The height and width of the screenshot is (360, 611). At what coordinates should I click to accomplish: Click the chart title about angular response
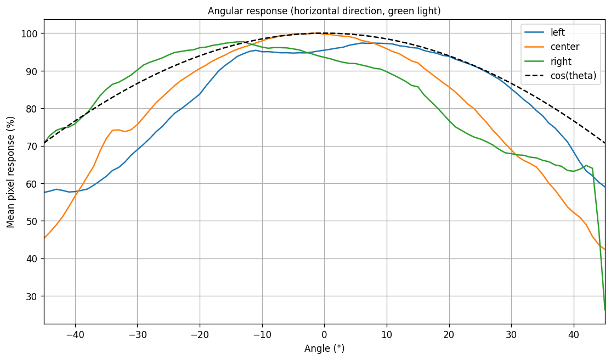pyautogui.click(x=324, y=11)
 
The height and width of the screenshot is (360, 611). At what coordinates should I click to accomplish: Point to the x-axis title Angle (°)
pyautogui.click(x=324, y=348)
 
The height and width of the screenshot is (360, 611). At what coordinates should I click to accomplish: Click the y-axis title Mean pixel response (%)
pyautogui.click(x=11, y=172)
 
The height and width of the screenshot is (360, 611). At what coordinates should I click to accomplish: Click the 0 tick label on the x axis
pyautogui.click(x=324, y=334)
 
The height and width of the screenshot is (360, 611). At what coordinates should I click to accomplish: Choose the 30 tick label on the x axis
pyautogui.click(x=511, y=334)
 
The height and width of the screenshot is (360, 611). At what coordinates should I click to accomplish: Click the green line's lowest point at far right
pyautogui.click(x=605, y=310)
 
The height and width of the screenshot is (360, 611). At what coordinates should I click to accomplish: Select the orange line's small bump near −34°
pyautogui.click(x=115, y=130)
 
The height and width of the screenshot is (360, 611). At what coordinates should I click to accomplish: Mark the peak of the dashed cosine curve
pyautogui.click(x=318, y=33)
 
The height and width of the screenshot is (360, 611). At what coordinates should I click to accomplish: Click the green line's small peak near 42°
pyautogui.click(x=586, y=165)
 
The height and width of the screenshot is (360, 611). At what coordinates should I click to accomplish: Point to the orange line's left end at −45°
pyautogui.click(x=44, y=238)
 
